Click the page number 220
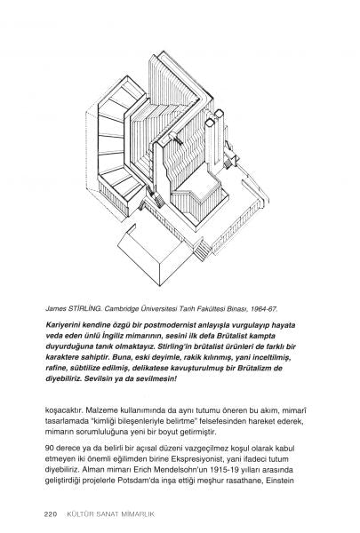(51, 514)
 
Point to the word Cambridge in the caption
(120, 309)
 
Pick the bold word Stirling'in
(176, 346)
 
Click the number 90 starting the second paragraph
(49, 449)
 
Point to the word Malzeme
(100, 410)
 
